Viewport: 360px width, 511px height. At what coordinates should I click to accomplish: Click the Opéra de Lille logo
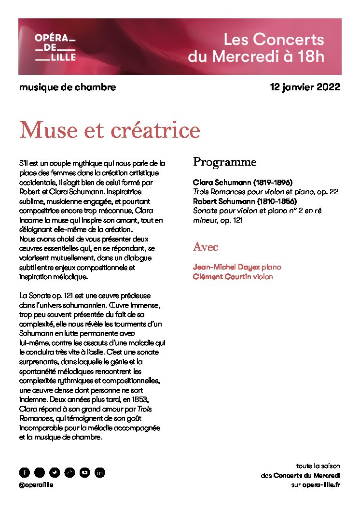click(x=55, y=47)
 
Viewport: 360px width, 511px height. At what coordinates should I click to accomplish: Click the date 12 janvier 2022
click(x=305, y=87)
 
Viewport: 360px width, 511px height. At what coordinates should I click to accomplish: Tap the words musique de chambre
click(x=68, y=87)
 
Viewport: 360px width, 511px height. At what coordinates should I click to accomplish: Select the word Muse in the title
click(x=46, y=129)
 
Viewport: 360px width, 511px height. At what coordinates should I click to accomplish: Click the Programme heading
click(x=224, y=162)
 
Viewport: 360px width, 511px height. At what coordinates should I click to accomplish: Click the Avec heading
click(x=206, y=247)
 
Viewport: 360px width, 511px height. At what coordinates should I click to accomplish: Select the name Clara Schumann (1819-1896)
click(x=243, y=183)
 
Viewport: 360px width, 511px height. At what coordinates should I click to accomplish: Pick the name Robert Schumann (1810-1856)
click(x=245, y=201)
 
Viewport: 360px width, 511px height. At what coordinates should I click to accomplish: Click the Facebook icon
click(x=25, y=472)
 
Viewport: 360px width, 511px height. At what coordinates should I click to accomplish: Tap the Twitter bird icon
click(x=55, y=472)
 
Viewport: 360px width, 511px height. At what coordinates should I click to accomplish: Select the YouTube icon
click(x=84, y=472)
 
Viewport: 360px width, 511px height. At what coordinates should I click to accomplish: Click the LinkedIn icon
click(x=99, y=472)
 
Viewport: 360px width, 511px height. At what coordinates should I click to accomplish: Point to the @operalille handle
click(x=36, y=485)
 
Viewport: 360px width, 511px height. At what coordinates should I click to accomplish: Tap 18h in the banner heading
click(x=310, y=57)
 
